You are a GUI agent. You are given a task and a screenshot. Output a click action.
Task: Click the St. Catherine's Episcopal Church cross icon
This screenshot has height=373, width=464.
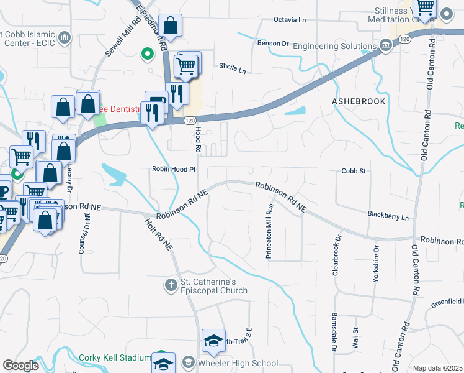pyautogui.click(x=171, y=285)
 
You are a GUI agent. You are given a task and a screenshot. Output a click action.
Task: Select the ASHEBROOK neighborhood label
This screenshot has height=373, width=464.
pyautogui.click(x=359, y=101)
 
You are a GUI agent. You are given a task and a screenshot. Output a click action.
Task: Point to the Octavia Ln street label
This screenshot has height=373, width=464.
pyautogui.click(x=290, y=20)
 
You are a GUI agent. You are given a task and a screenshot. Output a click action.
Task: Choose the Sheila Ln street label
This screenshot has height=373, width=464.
pyautogui.click(x=233, y=68)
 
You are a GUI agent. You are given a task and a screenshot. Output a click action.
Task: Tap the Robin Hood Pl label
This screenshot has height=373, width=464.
pyautogui.click(x=174, y=169)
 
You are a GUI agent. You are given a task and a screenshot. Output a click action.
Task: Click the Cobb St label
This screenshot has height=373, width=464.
pyautogui.click(x=354, y=171)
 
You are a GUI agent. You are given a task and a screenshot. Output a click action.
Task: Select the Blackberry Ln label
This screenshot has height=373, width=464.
pyautogui.click(x=388, y=217)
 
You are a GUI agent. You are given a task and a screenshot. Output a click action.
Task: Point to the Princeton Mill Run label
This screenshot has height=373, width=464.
pyautogui.click(x=270, y=232)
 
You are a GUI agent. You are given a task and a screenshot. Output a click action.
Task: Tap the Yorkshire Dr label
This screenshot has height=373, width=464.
pyautogui.click(x=376, y=264)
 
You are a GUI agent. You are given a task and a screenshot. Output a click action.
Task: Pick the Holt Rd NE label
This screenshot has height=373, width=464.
pyautogui.click(x=159, y=234)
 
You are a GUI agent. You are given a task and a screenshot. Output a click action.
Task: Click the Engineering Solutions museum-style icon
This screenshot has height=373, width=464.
pyautogui.click(x=386, y=45)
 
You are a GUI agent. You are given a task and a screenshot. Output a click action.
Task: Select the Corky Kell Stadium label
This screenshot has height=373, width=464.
pyautogui.click(x=115, y=357)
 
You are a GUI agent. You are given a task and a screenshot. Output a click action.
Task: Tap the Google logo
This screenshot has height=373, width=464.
pyautogui.click(x=20, y=366)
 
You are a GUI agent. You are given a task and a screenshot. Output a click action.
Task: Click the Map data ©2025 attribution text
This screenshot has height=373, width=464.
pyautogui.click(x=437, y=368)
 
